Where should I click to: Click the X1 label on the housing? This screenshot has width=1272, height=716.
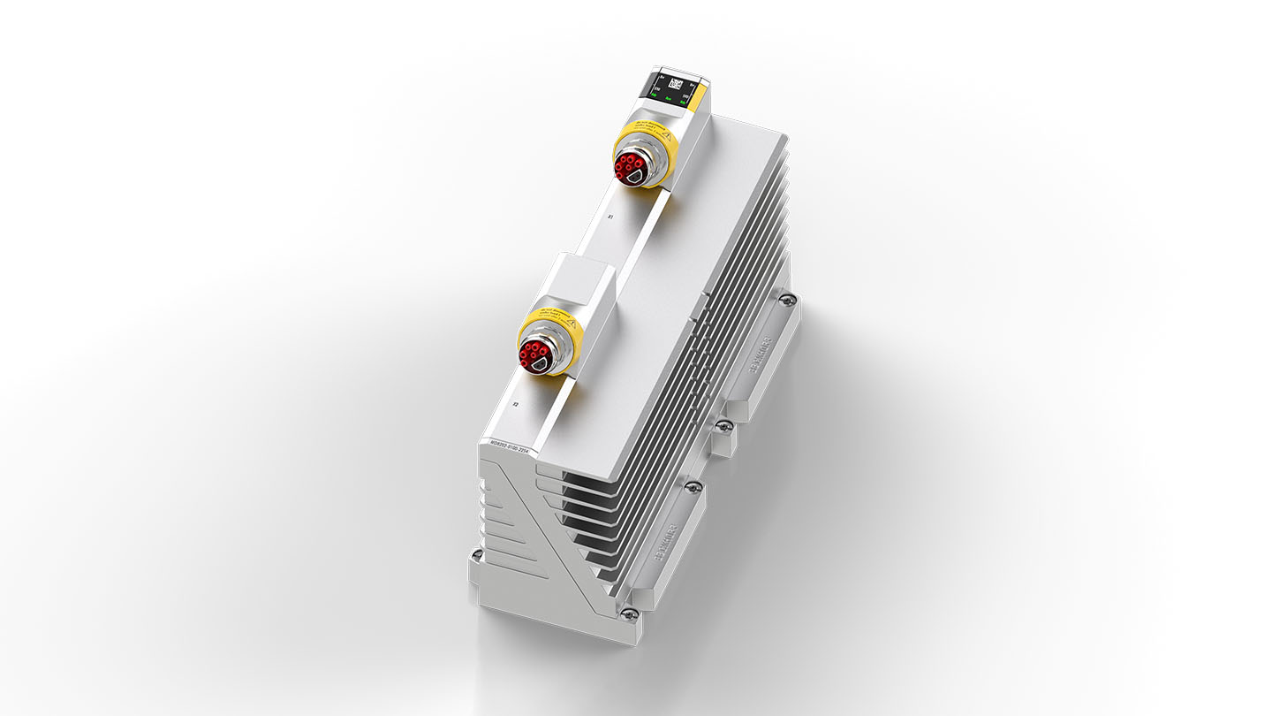pos(610,217)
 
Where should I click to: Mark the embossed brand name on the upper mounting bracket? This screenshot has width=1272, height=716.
pos(759,353)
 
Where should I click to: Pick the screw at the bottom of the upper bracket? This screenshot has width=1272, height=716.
pos(723,425)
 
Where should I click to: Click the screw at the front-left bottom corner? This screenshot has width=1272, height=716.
pos(476,555)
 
